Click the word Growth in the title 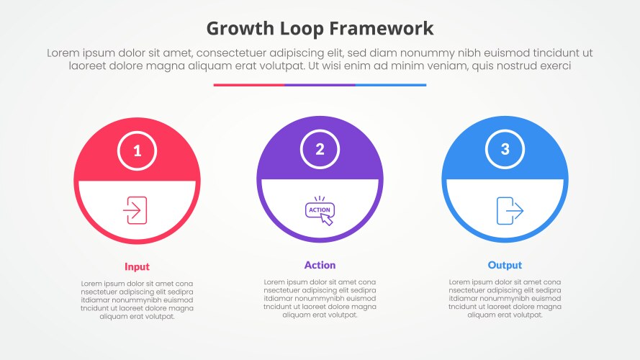[x=240, y=29]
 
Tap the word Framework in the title [x=382, y=29]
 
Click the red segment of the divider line [x=248, y=85]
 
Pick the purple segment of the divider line [x=320, y=85]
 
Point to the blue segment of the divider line [x=391, y=85]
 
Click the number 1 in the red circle [x=137, y=151]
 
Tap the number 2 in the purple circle [x=320, y=149]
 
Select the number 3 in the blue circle [x=505, y=149]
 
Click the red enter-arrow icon [x=135, y=210]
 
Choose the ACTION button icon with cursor [x=320, y=211]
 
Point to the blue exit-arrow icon [x=510, y=211]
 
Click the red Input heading [x=137, y=267]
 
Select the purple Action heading [x=320, y=265]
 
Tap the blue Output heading [x=505, y=265]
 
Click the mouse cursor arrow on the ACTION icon [x=327, y=220]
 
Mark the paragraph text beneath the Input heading [x=137, y=300]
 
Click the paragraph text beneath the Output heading [x=505, y=298]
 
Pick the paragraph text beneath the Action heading [x=320, y=298]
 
